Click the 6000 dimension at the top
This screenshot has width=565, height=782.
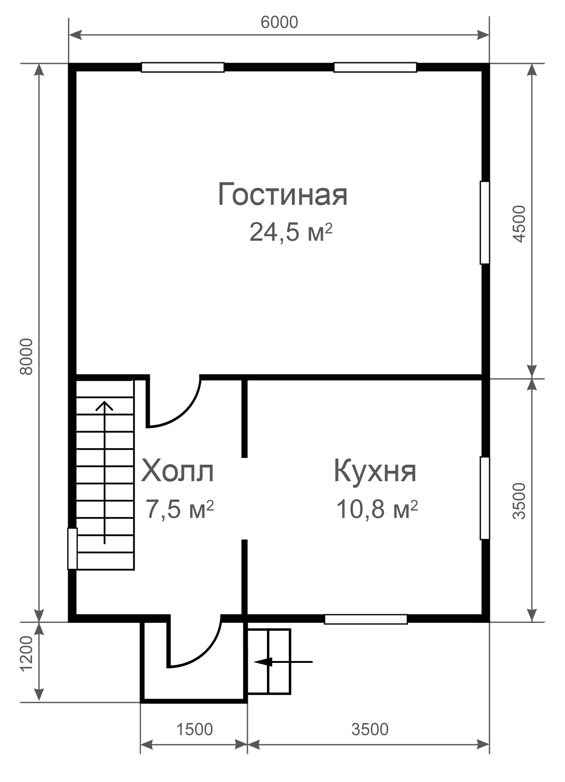279,22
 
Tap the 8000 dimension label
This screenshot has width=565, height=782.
26,356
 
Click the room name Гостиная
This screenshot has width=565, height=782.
282,194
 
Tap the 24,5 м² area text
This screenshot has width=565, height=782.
291,233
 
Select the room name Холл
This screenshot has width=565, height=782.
178,471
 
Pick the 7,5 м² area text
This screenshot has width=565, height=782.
179,509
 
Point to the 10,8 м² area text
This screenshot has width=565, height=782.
377,509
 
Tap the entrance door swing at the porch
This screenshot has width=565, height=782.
206,656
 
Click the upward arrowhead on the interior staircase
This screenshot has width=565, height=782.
105,406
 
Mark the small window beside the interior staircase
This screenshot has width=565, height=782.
73,548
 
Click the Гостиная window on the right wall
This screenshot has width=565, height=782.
484,222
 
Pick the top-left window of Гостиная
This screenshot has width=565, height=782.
183,67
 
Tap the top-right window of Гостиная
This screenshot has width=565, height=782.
375,67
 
